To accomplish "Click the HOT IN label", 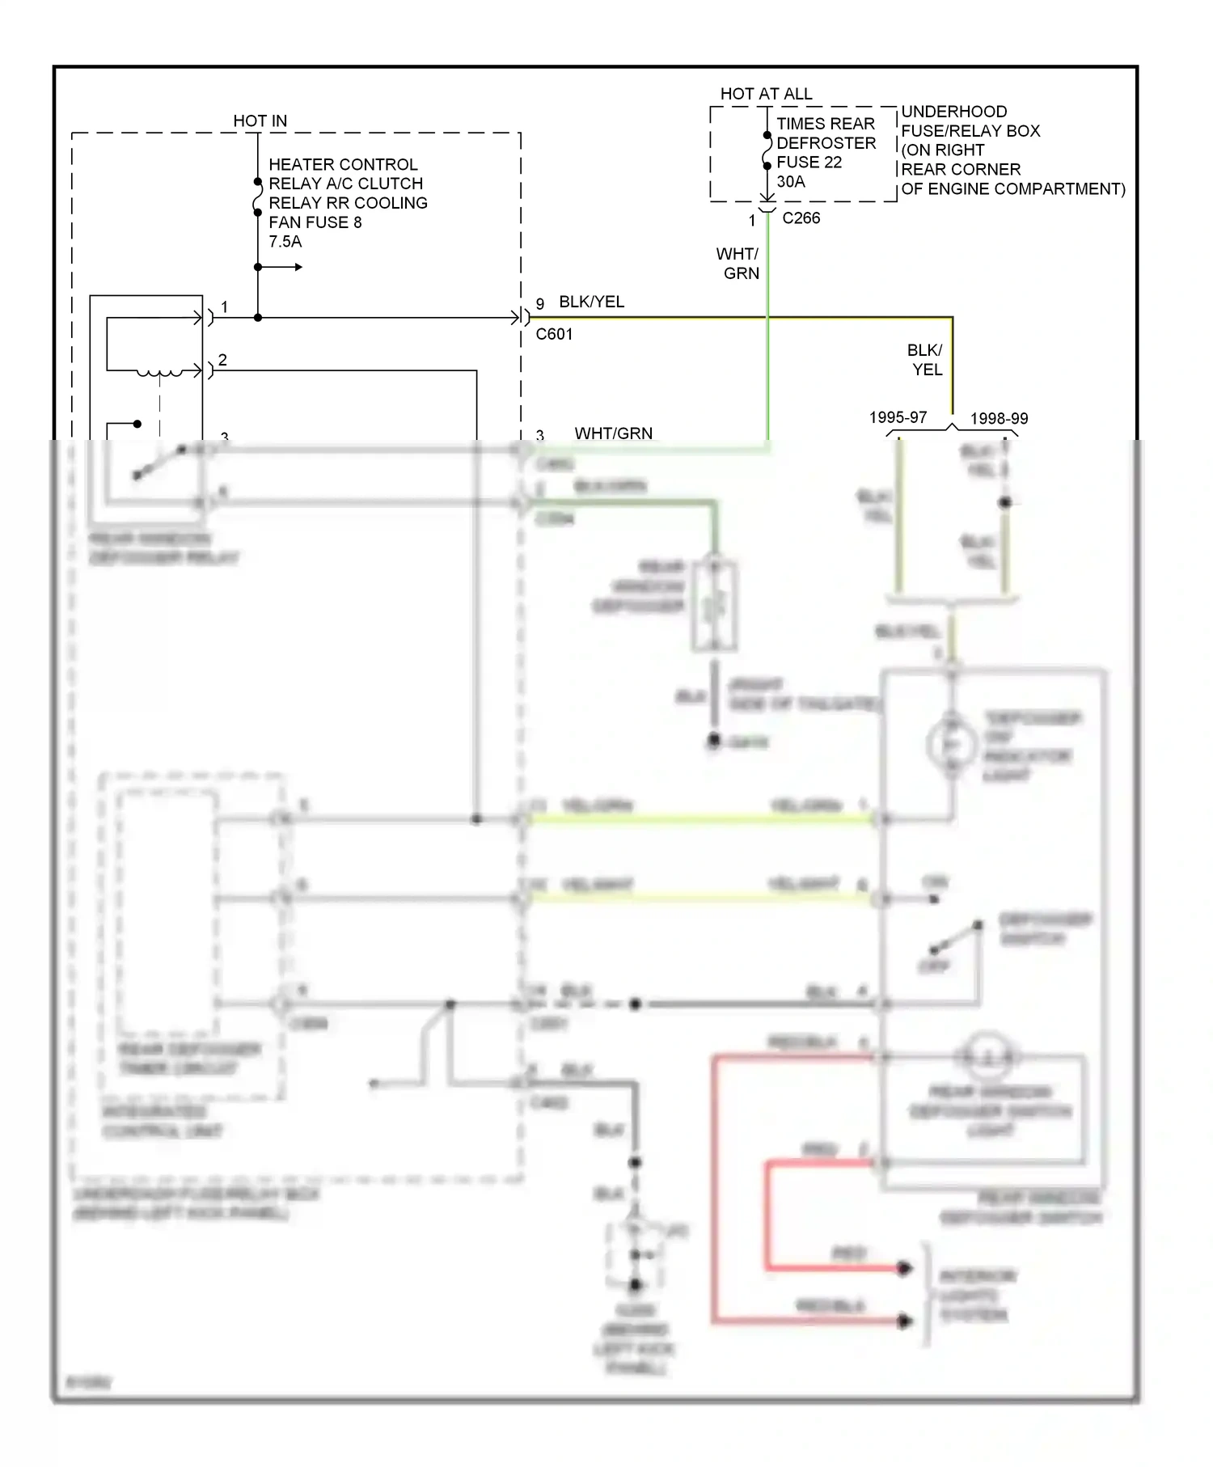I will click(260, 121).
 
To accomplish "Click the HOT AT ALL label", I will click(766, 95).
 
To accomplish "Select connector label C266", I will click(801, 218).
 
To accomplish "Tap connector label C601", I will click(554, 334).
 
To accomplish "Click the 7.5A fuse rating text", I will click(285, 242).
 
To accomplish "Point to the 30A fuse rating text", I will click(791, 182).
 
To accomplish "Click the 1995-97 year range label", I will click(898, 418).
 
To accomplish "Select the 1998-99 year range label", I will click(999, 419).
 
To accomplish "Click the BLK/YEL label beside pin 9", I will click(591, 302).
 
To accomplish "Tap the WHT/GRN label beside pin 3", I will click(613, 433).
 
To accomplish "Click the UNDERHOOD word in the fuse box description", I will click(953, 112).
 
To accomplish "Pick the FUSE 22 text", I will click(809, 163).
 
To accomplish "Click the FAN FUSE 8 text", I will click(315, 222).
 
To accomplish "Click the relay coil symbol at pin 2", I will click(158, 373).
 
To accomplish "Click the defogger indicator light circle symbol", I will click(952, 745).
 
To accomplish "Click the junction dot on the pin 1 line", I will click(258, 318).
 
